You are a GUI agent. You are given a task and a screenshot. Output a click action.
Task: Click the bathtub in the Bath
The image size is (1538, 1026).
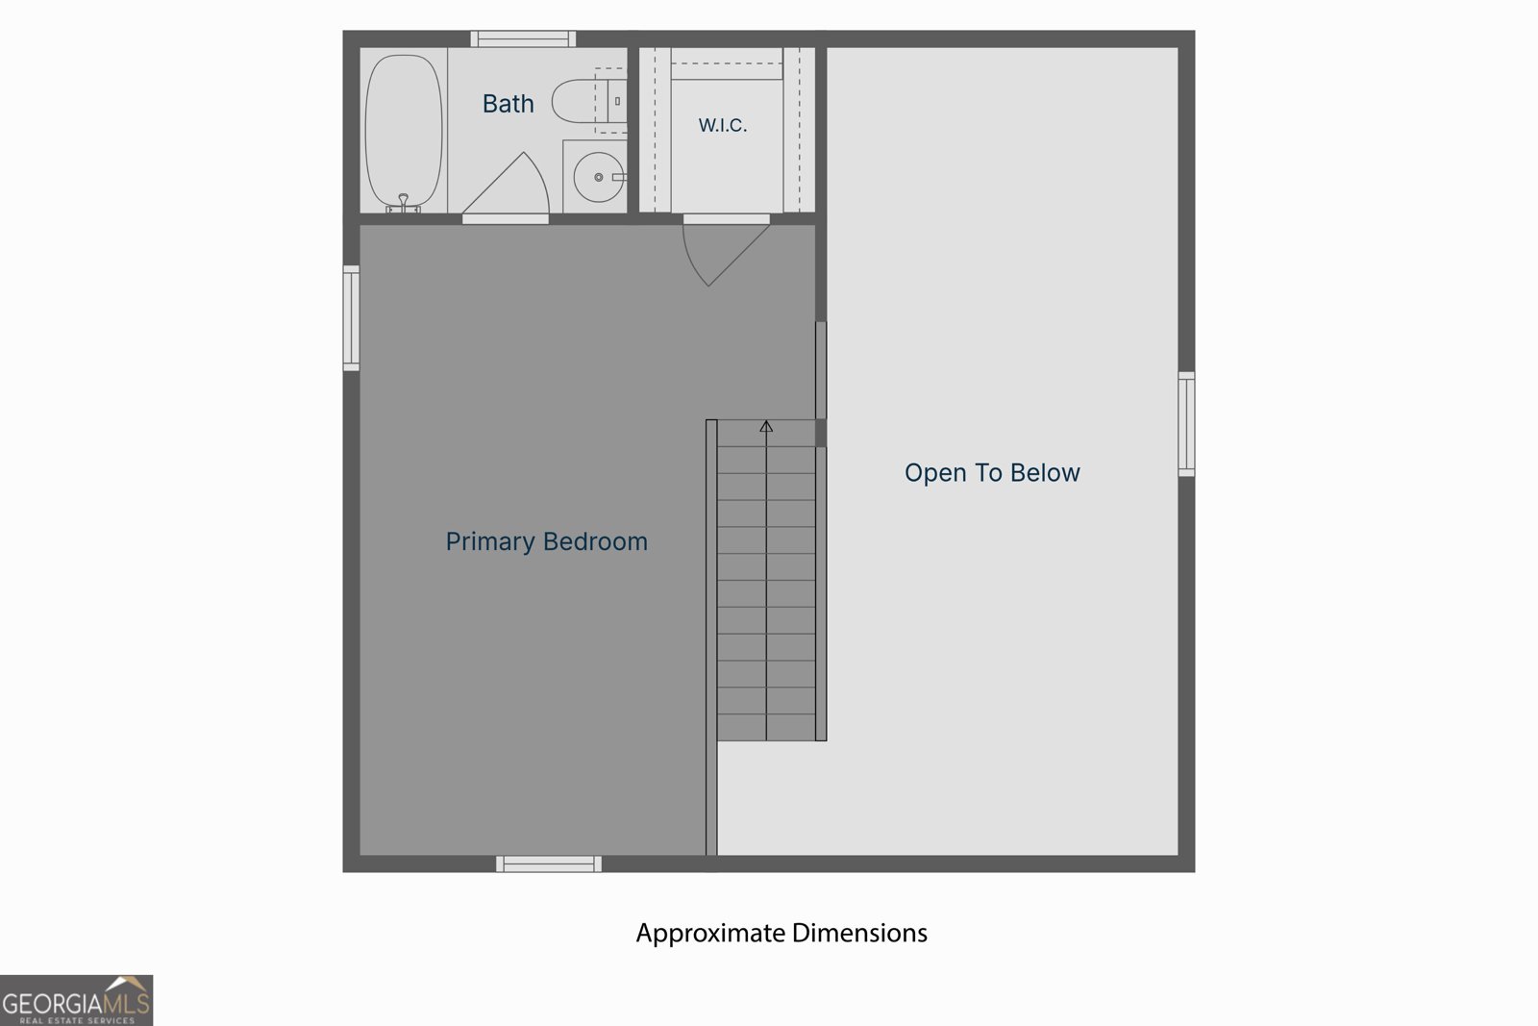point(404,131)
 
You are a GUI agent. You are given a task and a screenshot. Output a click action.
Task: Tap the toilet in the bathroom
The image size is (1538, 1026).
point(588,100)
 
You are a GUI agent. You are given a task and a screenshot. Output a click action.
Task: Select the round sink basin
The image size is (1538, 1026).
point(599,177)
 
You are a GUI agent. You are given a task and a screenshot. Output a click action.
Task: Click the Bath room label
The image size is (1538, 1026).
point(509,104)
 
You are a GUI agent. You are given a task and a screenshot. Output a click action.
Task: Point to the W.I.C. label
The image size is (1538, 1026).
point(722,125)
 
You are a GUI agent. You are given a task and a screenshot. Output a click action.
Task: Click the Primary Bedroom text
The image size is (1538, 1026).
point(547,541)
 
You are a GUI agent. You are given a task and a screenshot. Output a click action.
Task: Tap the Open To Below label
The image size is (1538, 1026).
point(992,472)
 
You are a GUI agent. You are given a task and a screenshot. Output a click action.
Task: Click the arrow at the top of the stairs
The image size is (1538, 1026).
point(766,427)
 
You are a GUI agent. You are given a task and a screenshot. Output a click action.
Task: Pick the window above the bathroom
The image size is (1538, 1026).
point(523,39)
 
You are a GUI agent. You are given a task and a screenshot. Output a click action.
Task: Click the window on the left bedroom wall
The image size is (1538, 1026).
point(351,318)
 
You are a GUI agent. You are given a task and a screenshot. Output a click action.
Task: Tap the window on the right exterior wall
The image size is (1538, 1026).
point(1186,424)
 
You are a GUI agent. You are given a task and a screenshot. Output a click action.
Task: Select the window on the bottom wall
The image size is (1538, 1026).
point(549,863)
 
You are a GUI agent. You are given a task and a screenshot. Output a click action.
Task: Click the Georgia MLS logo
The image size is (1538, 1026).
point(76,1001)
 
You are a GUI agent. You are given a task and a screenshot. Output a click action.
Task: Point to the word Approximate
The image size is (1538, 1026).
point(710,934)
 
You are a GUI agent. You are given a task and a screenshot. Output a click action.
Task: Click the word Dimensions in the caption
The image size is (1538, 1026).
point(859,933)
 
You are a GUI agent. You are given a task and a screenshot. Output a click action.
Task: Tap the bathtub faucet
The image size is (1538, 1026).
point(404,203)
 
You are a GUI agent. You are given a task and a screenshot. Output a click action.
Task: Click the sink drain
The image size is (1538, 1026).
point(599,177)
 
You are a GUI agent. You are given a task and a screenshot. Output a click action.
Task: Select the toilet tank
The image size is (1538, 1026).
point(617,101)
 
